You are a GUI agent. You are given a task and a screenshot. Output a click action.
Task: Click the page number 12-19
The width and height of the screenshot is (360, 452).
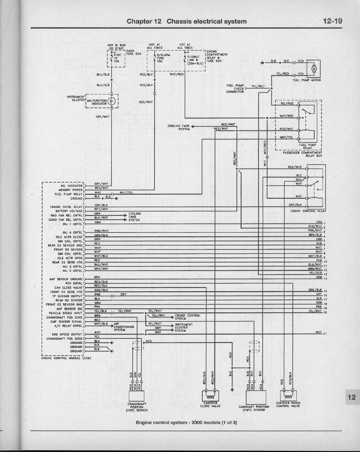[332, 21]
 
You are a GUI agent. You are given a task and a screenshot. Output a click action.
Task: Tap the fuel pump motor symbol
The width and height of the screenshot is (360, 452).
[314, 69]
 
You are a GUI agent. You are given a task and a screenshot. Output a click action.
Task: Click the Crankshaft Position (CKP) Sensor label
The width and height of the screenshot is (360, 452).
[137, 407]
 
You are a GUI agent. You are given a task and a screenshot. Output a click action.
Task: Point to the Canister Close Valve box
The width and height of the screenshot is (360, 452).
[210, 394]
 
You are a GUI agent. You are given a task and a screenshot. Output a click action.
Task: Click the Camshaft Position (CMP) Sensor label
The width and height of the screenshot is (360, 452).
[254, 408]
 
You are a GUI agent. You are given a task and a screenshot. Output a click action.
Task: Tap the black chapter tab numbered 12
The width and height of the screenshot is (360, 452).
[351, 397]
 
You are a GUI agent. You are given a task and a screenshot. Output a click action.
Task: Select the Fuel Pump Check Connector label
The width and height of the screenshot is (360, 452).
[236, 89]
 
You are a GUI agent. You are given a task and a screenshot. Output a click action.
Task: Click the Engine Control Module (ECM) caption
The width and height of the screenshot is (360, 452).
[66, 358]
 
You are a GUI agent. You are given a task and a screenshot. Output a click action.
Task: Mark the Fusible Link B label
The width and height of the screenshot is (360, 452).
[195, 60]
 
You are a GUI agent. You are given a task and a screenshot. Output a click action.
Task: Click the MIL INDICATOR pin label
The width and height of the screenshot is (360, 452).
[72, 186]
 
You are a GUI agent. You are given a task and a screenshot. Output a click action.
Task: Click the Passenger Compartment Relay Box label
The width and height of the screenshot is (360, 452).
[302, 154]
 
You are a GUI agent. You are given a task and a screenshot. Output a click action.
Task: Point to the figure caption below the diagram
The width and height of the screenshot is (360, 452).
[186, 422]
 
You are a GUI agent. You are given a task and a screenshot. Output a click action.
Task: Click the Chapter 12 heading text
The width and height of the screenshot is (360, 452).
[187, 21]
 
